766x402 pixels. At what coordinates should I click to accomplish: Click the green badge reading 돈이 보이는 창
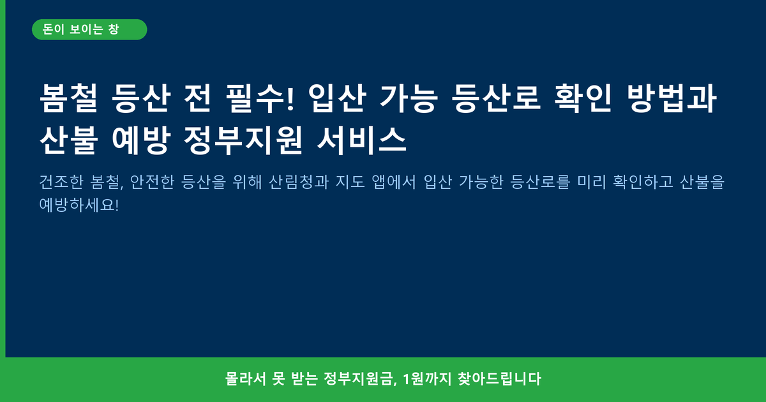tap(89, 29)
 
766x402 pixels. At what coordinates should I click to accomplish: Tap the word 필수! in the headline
tap(260, 98)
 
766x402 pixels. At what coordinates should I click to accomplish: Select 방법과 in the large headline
tap(672, 98)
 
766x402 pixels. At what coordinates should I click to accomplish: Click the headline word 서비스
tap(362, 140)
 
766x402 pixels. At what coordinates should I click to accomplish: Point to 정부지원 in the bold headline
tap(243, 140)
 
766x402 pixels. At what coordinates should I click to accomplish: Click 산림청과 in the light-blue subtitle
tap(299, 181)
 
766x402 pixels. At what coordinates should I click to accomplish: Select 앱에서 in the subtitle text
tap(394, 181)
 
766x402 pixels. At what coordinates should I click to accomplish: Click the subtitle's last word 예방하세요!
tap(79, 205)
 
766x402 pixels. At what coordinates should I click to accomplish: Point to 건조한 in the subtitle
tap(61, 181)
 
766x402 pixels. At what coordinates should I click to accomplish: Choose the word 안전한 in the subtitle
tap(152, 181)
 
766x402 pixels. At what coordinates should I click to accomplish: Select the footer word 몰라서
tap(246, 379)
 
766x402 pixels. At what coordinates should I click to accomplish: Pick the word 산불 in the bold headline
tap(69, 140)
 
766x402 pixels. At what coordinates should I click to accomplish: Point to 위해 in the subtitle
tap(247, 181)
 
